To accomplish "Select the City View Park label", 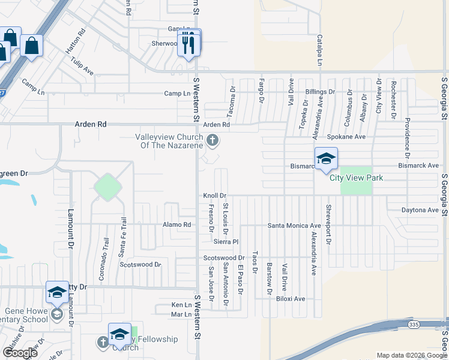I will tap(356, 178).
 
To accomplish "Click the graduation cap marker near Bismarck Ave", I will tap(325, 158).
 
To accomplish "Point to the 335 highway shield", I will tap(413, 325).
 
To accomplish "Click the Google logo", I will tap(20, 353).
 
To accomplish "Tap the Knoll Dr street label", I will tap(214, 196).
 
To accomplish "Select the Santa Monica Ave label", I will tap(294, 226).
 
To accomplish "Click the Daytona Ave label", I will tap(420, 210).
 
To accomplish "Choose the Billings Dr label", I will tap(319, 92).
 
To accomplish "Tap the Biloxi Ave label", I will tap(291, 298).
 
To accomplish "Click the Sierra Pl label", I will tap(226, 241).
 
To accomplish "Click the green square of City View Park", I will tap(357, 180).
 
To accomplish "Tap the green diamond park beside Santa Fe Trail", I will tap(107, 187).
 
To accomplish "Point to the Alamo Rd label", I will tap(176, 225).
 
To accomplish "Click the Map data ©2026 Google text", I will tap(411, 355).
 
